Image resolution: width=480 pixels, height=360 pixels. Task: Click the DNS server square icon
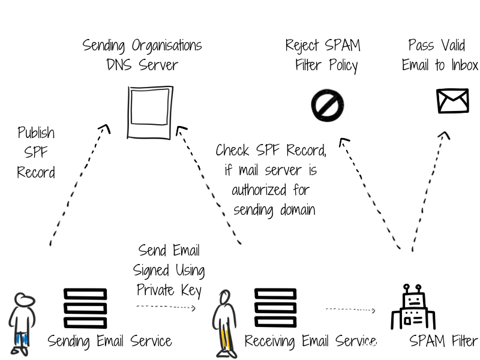click(x=149, y=112)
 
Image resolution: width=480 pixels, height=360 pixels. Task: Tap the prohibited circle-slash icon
click(x=327, y=106)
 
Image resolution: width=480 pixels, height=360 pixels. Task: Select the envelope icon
click(x=452, y=101)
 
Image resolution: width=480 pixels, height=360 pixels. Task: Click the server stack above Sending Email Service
click(x=85, y=308)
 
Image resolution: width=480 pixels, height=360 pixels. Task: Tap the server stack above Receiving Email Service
click(x=275, y=308)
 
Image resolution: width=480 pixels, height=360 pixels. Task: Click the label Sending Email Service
click(x=110, y=341)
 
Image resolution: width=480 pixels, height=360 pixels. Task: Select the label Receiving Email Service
click(x=310, y=341)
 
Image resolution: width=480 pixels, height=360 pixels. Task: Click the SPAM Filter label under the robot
click(x=443, y=341)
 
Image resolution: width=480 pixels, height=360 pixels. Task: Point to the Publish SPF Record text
click(x=36, y=152)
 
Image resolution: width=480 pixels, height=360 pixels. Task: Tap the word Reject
click(x=302, y=45)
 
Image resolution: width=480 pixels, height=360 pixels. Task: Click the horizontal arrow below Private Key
click(x=166, y=307)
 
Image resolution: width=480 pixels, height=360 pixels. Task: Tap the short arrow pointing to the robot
click(x=351, y=310)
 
